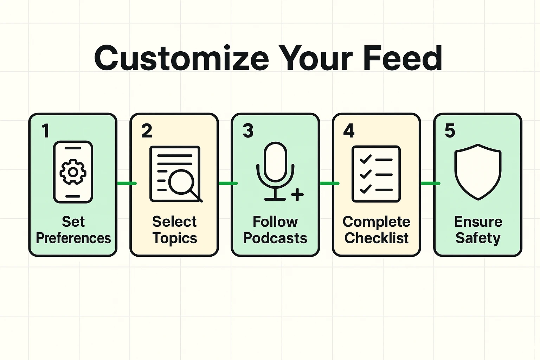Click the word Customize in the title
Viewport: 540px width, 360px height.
tap(181, 58)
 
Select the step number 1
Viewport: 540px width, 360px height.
tap(45, 131)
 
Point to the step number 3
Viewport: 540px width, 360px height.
tap(248, 131)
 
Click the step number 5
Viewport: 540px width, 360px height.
tap(450, 131)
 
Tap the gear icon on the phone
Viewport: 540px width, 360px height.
tap(73, 172)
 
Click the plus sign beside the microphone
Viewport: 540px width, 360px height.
tap(297, 194)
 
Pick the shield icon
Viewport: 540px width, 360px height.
tap(478, 172)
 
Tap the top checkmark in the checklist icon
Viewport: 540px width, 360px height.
tap(366, 159)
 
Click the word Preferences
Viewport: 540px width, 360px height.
tap(73, 238)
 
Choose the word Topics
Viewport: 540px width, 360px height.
tap(175, 238)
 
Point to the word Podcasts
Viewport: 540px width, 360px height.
tap(275, 238)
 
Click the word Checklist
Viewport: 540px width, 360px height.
tap(376, 238)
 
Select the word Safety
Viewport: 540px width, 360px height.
tap(478, 238)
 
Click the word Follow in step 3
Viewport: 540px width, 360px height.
tap(275, 222)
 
